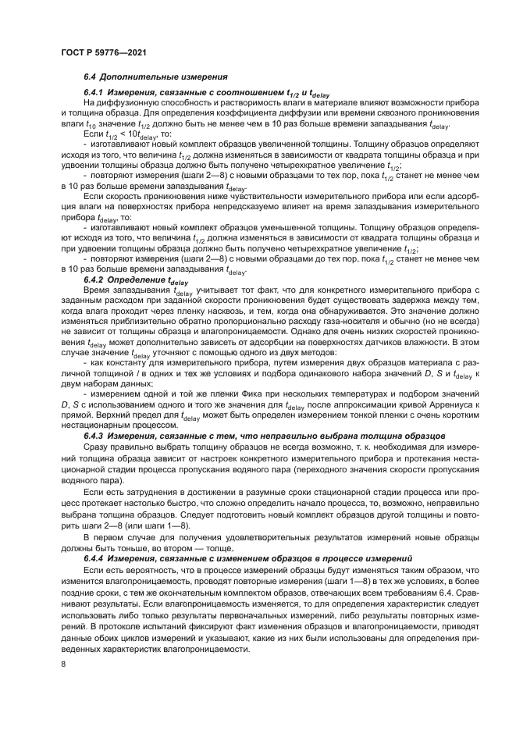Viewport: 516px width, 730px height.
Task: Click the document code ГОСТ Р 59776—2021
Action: pyautogui.click(x=105, y=53)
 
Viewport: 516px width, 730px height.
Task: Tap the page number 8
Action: pyautogui.click(x=63, y=664)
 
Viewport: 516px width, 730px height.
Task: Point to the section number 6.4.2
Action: pyautogui.click(x=96, y=279)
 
